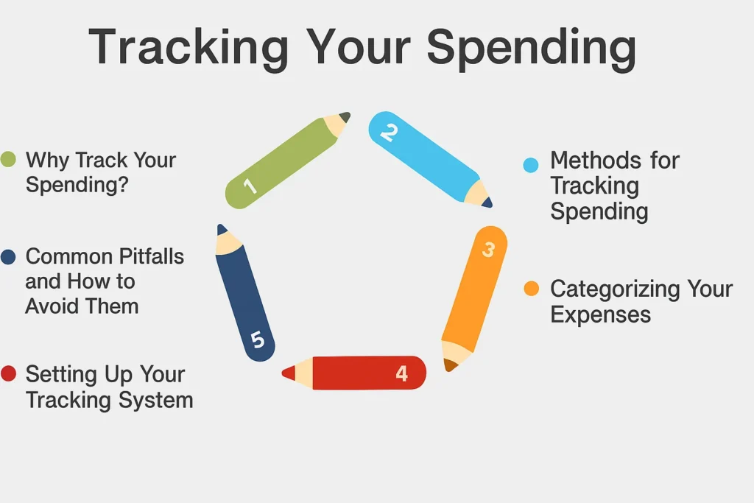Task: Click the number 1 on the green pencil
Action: coord(250,185)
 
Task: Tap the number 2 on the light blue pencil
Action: coord(389,133)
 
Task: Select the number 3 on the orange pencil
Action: coord(489,250)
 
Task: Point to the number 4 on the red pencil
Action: coord(402,373)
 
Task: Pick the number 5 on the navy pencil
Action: coord(258,340)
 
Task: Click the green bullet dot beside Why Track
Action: coord(8,159)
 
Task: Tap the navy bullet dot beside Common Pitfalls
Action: coord(8,256)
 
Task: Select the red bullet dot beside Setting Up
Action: coord(8,373)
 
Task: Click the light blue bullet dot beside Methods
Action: coord(531,165)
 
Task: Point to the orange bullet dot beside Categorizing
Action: coord(532,289)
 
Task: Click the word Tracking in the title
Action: coord(188,48)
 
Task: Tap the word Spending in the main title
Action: coord(532,48)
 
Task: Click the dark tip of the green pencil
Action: coord(345,117)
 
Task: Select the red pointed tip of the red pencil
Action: coord(289,373)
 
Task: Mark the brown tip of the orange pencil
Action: coord(450,365)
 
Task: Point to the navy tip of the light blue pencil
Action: coord(487,203)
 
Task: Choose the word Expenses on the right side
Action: coord(601,315)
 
